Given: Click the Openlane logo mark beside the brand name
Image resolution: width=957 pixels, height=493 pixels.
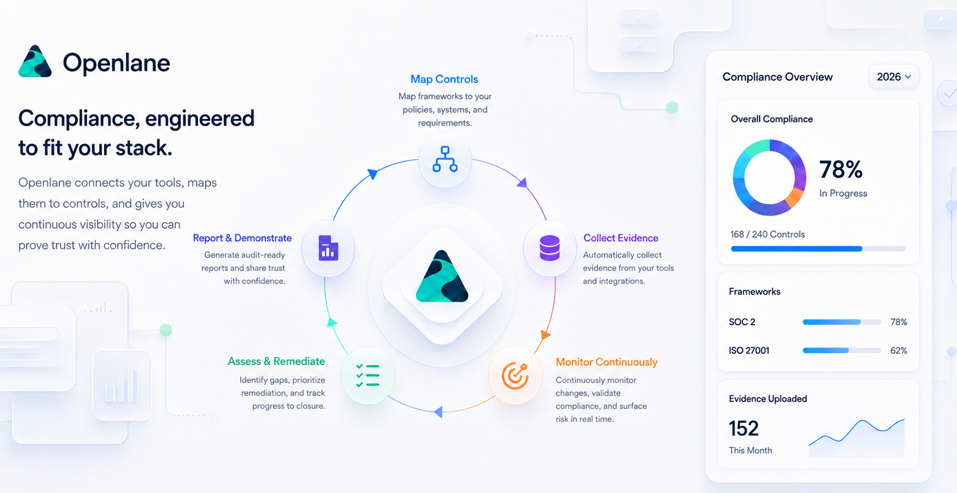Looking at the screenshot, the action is tap(35, 61).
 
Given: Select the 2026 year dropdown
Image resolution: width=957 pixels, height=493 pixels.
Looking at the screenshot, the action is tap(893, 77).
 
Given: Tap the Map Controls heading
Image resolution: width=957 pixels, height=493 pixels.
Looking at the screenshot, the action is tap(444, 79).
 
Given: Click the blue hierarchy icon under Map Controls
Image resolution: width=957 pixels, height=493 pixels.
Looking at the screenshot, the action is tap(445, 159).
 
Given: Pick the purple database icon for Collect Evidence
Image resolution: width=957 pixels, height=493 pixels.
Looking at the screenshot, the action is tap(550, 248).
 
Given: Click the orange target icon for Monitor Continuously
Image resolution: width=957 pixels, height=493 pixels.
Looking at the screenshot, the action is tap(515, 376).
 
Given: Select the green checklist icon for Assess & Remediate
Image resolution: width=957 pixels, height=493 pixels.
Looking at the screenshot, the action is tap(368, 375).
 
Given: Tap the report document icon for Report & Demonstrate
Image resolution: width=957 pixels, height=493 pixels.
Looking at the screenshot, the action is tap(328, 248).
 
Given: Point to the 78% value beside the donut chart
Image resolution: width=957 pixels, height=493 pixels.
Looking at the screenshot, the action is tap(841, 169).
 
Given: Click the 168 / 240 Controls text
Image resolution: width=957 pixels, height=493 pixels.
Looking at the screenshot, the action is tap(767, 234).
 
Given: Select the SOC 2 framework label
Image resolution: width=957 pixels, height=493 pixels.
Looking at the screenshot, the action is tap(742, 322).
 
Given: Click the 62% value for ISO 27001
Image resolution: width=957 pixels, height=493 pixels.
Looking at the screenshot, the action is tap(899, 350).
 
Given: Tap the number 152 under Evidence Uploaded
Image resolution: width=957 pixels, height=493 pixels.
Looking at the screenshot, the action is tap(743, 428).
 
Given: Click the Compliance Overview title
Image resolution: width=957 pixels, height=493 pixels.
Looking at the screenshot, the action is tap(777, 77).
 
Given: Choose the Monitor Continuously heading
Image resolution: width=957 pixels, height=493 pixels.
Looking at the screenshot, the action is tap(606, 362).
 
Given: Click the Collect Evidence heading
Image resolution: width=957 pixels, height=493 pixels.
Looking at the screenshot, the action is tap(621, 238).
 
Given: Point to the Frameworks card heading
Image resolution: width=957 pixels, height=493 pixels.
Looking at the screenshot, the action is tap(755, 291).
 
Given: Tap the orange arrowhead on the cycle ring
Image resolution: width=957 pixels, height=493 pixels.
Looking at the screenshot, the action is tap(545, 334).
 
